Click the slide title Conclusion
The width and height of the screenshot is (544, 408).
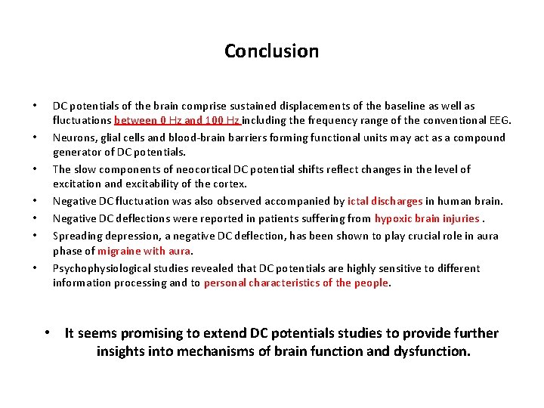point(271,51)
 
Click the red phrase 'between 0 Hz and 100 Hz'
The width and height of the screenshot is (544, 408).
point(177,120)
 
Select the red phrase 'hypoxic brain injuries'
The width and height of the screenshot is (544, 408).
point(427,218)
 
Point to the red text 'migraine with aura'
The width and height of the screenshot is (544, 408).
point(144,251)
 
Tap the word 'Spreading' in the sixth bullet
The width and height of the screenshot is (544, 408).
point(77,236)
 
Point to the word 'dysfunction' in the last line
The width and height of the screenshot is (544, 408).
point(429,351)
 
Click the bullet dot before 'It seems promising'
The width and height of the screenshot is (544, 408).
point(47,333)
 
